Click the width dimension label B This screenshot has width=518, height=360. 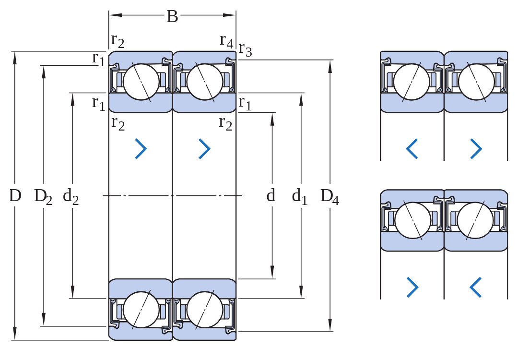(x=172, y=16)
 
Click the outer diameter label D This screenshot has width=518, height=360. (x=15, y=196)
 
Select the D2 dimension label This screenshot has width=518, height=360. (x=43, y=197)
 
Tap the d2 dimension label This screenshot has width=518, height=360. (x=71, y=197)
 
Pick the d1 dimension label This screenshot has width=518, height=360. (x=300, y=197)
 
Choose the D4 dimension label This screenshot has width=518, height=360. (x=330, y=197)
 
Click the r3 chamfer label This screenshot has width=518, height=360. (x=246, y=49)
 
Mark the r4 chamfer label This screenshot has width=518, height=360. (x=226, y=41)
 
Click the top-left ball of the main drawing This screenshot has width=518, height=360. (x=141, y=82)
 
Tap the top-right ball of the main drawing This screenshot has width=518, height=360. (x=205, y=82)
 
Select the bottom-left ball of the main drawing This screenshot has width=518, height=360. (x=141, y=310)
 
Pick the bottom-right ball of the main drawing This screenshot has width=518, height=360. (x=205, y=310)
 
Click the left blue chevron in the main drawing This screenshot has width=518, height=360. (x=141, y=149)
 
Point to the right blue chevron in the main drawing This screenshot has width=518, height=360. (x=204, y=149)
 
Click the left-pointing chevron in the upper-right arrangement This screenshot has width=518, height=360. (x=412, y=149)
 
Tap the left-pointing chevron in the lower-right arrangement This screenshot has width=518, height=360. (x=476, y=287)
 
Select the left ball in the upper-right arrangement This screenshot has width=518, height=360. (x=412, y=82)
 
